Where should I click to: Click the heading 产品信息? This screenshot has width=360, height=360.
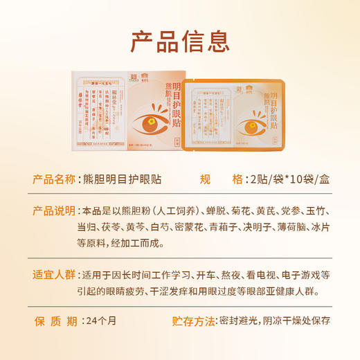point(180,41)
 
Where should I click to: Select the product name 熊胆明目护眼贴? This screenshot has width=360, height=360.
point(122,179)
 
